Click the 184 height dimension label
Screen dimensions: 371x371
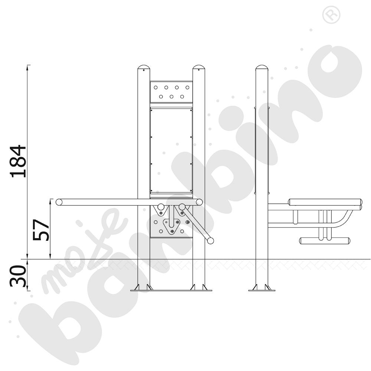coord(18,161)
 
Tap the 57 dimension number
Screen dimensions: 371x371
coord(41,230)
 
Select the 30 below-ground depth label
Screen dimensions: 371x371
coord(18,276)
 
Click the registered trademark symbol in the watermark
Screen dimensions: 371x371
coord(331,15)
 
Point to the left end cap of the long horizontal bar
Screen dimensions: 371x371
coord(59,202)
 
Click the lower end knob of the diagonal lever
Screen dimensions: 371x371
coord(210,241)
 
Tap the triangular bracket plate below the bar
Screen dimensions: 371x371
coord(172,226)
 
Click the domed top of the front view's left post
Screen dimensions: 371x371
coord(144,67)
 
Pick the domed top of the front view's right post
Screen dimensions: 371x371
coord(199,67)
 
